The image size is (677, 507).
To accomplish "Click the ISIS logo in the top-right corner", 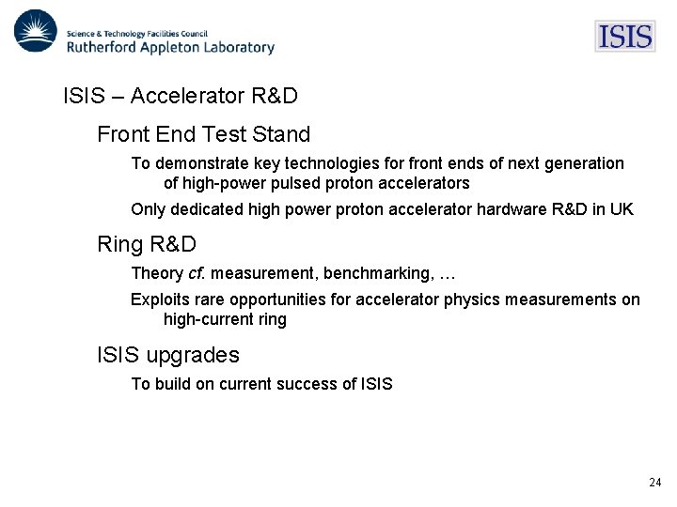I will (624, 37).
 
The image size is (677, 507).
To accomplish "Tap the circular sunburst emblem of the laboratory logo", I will (34, 32).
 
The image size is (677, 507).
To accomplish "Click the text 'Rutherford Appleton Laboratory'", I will (170, 46).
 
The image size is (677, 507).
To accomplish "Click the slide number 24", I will (654, 483).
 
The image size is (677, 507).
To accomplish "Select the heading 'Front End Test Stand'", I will (203, 134).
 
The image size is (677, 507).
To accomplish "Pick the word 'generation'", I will (585, 163).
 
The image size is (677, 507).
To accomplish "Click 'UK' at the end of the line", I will (622, 209).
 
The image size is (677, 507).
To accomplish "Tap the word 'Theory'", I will (157, 273).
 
